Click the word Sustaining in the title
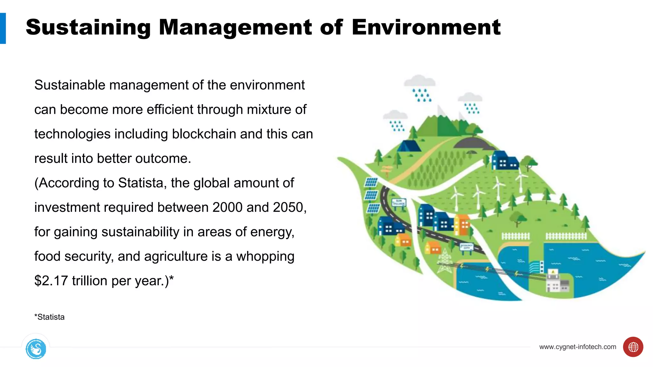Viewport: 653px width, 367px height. pyautogui.click(x=88, y=28)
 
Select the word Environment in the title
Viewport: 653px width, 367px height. pyautogui.click(x=426, y=28)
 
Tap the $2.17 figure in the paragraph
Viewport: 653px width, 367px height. pyautogui.click(x=51, y=281)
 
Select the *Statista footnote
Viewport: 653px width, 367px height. pyautogui.click(x=49, y=317)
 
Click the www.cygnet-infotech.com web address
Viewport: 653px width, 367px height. pyautogui.click(x=577, y=347)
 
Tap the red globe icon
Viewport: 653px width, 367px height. pyautogui.click(x=633, y=347)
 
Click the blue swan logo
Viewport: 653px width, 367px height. pyautogui.click(x=36, y=349)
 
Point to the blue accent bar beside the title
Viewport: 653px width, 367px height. pyautogui.click(x=3, y=28)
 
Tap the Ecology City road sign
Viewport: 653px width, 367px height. pyautogui.click(x=466, y=247)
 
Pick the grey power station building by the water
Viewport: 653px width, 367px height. pyautogui.click(x=558, y=283)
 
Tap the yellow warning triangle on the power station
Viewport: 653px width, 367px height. pyautogui.click(x=553, y=272)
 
